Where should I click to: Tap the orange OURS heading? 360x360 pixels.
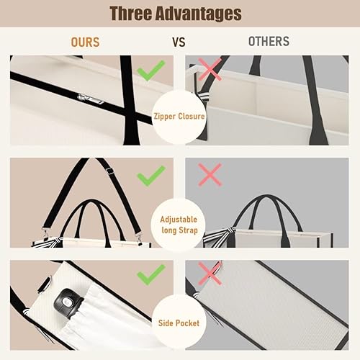tap(85, 42)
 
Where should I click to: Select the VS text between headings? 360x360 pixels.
tap(179, 42)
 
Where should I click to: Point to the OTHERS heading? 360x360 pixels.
tap(269, 42)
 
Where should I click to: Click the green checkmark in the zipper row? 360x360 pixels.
tap(151, 70)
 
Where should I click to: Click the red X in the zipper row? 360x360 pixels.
tap(209, 70)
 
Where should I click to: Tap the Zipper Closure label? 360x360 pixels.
tap(179, 115)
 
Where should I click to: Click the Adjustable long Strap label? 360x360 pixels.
tap(179, 224)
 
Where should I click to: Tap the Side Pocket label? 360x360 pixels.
tap(179, 323)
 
